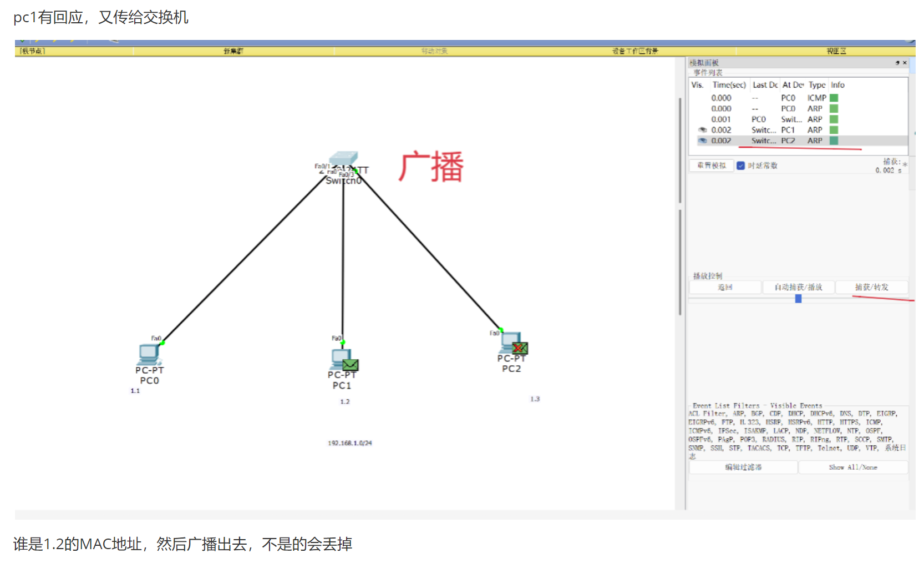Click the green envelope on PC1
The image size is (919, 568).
[x=350, y=365]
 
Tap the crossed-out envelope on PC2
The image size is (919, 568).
[x=520, y=348]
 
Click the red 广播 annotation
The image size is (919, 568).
[x=431, y=167]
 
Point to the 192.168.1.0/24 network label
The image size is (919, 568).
[x=349, y=443]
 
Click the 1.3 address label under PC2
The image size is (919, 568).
[x=535, y=399]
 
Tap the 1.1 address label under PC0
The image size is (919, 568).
[x=135, y=391]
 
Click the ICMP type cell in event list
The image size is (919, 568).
[x=816, y=98]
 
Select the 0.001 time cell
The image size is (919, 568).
[x=721, y=119]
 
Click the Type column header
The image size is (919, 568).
[x=816, y=85]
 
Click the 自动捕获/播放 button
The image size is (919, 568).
[x=798, y=287]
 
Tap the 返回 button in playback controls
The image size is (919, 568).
[x=725, y=287]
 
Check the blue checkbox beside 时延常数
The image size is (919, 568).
[x=740, y=165]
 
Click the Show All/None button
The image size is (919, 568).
[x=852, y=468]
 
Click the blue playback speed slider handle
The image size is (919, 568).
[x=798, y=299]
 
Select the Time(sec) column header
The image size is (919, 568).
[x=729, y=85]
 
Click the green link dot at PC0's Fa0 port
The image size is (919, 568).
[x=163, y=343]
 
